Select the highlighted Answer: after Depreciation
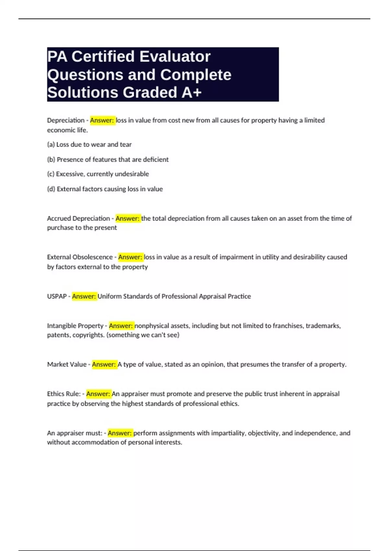[102, 120]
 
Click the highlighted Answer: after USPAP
[84, 296]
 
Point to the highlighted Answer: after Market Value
[104, 364]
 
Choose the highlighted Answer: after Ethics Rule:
[98, 394]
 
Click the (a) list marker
[51, 145]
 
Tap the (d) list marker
[51, 189]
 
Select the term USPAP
[57, 296]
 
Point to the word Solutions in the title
[83, 92]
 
